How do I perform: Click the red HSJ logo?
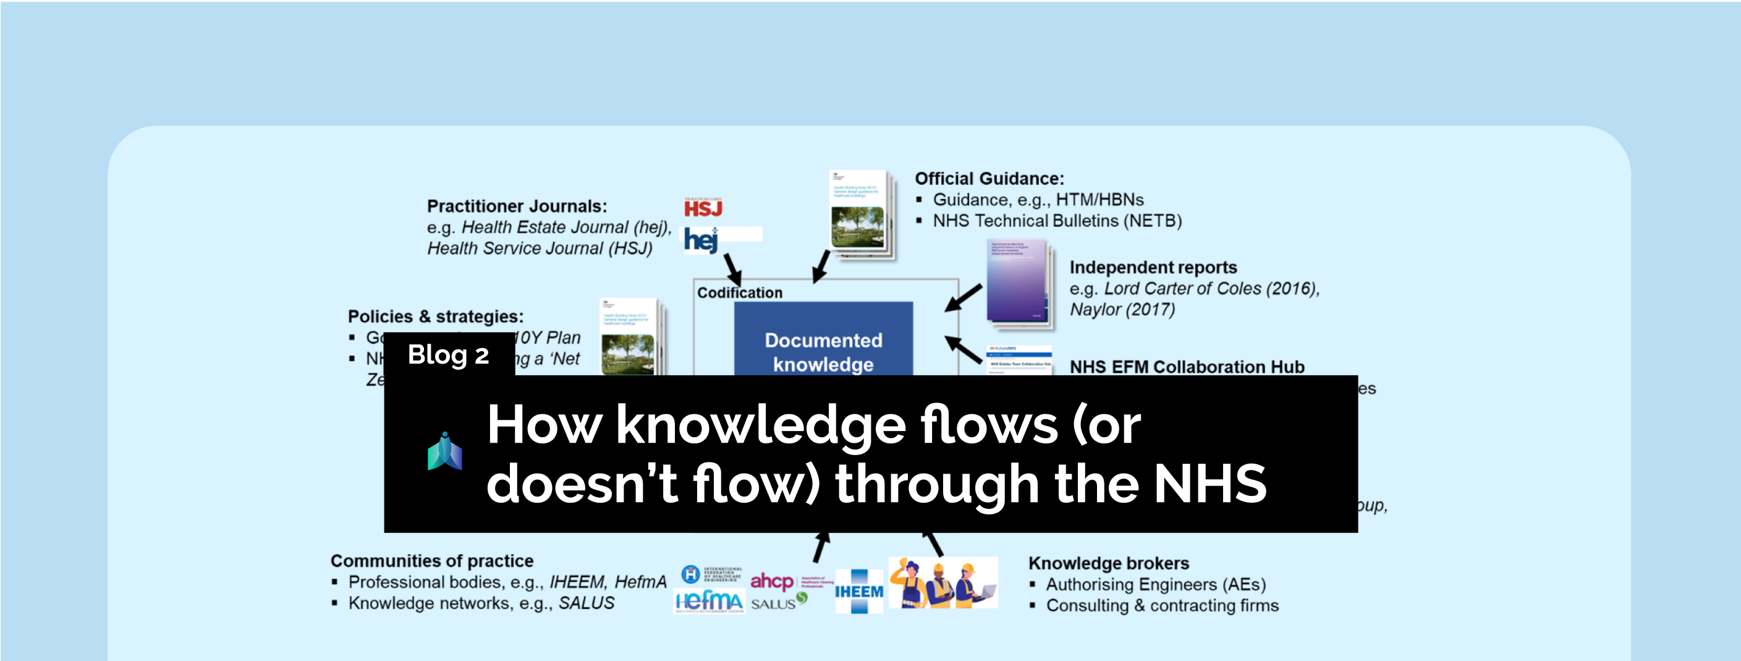[x=703, y=208]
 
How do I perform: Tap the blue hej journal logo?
[x=700, y=239]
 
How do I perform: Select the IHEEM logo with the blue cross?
[x=859, y=591]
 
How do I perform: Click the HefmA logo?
[x=709, y=600]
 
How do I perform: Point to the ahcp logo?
[x=772, y=581]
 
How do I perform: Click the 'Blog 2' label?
[x=448, y=355]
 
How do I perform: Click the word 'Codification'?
[x=739, y=292]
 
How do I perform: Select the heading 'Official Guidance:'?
[x=989, y=179]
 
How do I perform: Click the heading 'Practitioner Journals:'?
[x=516, y=206]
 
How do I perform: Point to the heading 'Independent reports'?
[x=1153, y=268]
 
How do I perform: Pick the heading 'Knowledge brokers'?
[x=1108, y=563]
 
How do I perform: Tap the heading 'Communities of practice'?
[x=431, y=560]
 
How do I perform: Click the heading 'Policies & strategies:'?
[x=435, y=317]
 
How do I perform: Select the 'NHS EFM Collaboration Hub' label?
[x=1187, y=366]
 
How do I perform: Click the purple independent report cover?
[x=1017, y=284]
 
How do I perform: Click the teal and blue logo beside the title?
[x=445, y=451]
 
